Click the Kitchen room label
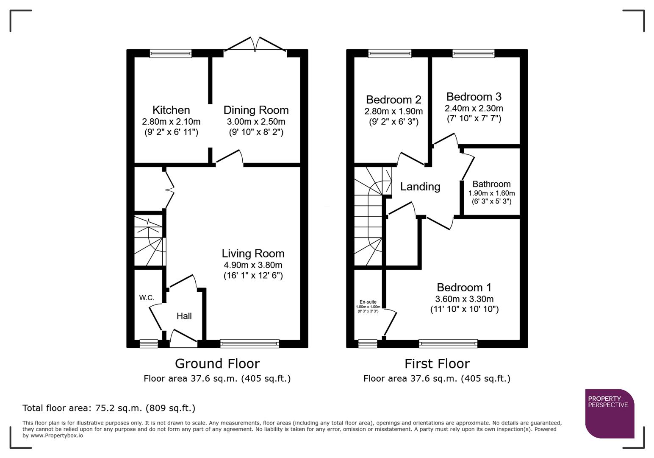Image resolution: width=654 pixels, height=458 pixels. pos(171,110)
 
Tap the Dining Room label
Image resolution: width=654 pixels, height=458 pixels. pos(256,110)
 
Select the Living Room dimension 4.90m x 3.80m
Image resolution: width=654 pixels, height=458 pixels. pos(253,265)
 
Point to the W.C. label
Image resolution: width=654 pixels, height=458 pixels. pos(147,298)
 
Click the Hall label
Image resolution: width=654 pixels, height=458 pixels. pos(184,316)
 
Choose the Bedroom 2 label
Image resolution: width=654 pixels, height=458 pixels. pos(394,100)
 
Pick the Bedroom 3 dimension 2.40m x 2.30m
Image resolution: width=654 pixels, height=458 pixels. pos(474,108)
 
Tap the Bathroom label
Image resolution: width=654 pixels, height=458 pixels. pos(491,184)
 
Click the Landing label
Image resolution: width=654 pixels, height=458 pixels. pos(420,187)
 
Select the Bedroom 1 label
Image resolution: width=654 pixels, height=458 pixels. pos(464,288)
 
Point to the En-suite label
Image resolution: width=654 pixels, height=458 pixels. pos(368,302)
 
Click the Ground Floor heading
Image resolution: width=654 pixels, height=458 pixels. pos(217,363)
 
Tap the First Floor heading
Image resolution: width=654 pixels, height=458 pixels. pos(437,363)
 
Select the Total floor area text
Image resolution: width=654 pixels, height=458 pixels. pos(109,408)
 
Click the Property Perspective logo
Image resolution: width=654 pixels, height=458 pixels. pos(609,413)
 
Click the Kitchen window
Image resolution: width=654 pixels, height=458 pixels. pos(171,53)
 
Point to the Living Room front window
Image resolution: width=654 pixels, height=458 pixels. pos(249,343)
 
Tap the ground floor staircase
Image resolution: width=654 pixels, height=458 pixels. pos(149,240)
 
